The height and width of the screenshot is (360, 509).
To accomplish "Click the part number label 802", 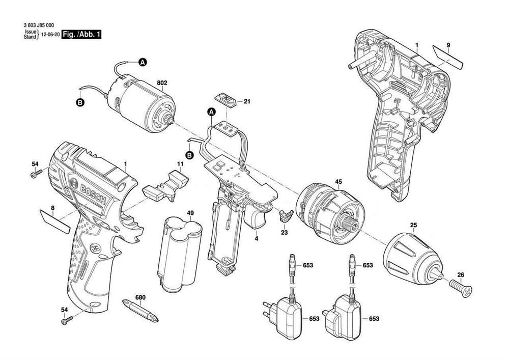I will pyautogui.click(x=162, y=82).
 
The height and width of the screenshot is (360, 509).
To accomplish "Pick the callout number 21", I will pyautogui.click(x=247, y=102).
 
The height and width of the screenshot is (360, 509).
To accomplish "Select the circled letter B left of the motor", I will pyautogui.click(x=79, y=103).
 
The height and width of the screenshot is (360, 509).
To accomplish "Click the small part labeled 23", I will pyautogui.click(x=284, y=216).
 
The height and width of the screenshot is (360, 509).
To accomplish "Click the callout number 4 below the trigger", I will pyautogui.click(x=256, y=238).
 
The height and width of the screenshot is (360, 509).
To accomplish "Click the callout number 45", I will pyautogui.click(x=338, y=181).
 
